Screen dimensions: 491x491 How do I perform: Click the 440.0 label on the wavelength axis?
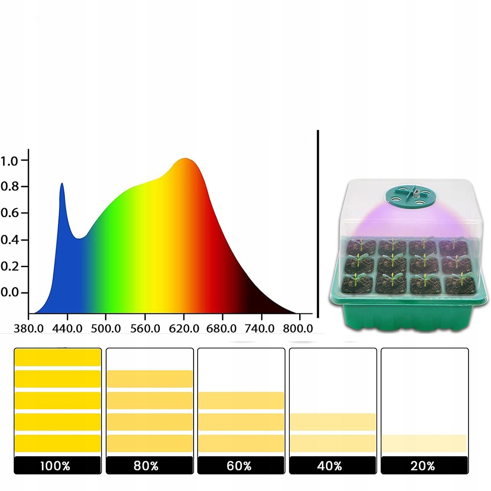67,328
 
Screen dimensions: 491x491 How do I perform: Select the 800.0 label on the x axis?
298,328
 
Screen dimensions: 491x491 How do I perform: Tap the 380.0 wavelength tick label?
29,328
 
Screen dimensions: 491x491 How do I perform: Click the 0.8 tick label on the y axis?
9,187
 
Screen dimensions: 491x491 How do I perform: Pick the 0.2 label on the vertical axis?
9,266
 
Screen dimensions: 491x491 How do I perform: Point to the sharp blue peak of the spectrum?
62,184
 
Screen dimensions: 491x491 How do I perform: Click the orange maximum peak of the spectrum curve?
185,159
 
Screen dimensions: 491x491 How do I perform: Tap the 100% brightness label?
55,466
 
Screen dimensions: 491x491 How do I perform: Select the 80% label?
146,466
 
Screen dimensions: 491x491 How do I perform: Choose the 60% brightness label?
239,466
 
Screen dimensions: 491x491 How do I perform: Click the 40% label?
329,466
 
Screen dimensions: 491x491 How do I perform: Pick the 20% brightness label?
423,466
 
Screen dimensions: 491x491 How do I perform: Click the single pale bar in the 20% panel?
424,443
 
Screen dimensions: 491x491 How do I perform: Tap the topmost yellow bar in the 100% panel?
57,357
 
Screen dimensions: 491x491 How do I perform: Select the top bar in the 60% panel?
241,400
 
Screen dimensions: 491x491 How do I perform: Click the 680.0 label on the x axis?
222,328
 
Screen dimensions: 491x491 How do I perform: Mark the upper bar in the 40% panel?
333,422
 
